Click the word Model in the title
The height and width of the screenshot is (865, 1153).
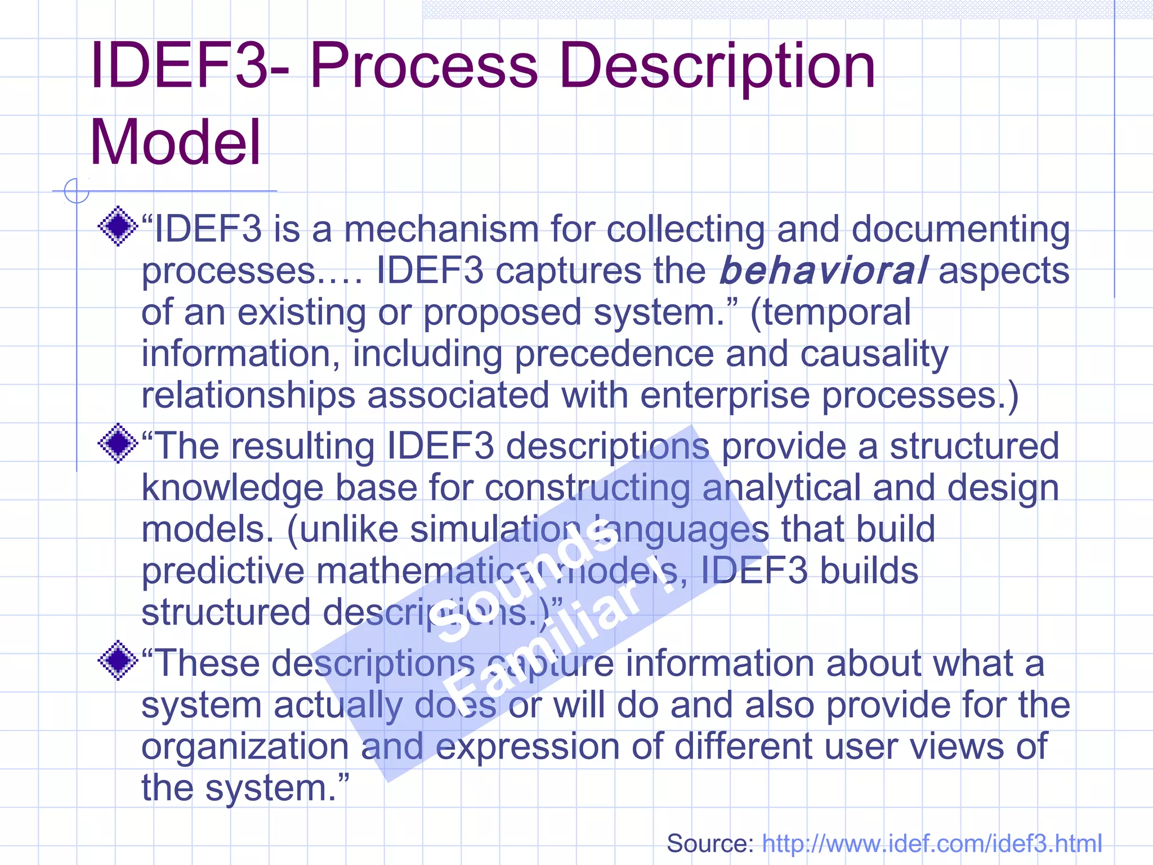pyautogui.click(x=175, y=142)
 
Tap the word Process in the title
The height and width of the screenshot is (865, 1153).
pyautogui.click(x=423, y=66)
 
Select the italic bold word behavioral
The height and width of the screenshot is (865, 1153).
pyautogui.click(x=823, y=271)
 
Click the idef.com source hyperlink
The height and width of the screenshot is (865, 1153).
pyautogui.click(x=932, y=844)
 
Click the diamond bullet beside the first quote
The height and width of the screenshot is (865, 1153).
pyautogui.click(x=118, y=226)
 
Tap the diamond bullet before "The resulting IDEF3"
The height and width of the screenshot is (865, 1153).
pyautogui.click(x=118, y=443)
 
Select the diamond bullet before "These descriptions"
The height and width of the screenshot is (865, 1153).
pyautogui.click(x=118, y=660)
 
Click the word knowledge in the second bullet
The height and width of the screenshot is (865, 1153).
pyautogui.click(x=232, y=488)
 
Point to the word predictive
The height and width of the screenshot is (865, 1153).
pyautogui.click(x=222, y=571)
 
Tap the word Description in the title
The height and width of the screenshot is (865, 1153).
pyautogui.click(x=717, y=66)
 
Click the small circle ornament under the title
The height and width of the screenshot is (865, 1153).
pyautogui.click(x=77, y=190)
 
